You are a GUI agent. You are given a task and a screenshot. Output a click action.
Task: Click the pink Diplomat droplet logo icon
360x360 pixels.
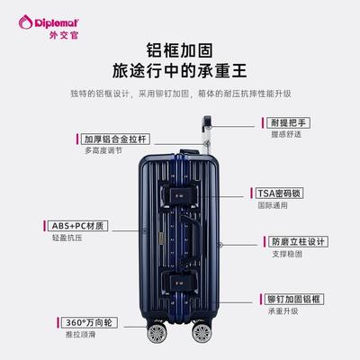(25, 22)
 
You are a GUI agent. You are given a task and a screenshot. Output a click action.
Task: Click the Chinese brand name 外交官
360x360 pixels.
(64, 35)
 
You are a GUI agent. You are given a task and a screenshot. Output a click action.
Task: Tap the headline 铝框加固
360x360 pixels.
(180, 50)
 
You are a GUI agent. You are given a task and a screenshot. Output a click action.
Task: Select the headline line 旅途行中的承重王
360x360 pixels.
(180, 71)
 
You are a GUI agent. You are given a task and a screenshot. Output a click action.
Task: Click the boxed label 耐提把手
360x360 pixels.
(288, 122)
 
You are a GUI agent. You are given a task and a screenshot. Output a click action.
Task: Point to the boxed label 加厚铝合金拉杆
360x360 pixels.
(115, 139)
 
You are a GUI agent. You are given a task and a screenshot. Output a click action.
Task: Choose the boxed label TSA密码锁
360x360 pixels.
(279, 193)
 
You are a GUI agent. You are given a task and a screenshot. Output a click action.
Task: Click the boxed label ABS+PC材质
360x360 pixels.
(77, 226)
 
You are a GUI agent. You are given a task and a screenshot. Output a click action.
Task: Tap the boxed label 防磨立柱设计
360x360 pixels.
(298, 241)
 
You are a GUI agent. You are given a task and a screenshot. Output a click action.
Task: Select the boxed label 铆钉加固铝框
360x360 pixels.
(294, 299)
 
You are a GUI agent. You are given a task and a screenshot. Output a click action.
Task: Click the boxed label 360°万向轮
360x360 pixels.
(89, 322)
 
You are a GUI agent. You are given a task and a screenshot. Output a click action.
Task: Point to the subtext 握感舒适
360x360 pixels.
(286, 134)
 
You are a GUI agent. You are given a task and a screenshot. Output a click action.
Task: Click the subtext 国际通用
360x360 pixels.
(273, 205)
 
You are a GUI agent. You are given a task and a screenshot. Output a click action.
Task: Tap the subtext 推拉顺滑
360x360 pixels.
(80, 334)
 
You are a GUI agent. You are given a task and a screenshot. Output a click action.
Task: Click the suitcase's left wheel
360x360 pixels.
(157, 333)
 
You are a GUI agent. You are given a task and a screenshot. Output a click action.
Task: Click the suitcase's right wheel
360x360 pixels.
(202, 332)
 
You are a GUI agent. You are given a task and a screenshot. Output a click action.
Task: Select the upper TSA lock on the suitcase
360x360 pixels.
(180, 195)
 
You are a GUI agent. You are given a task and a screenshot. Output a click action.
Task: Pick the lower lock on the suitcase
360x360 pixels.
(180, 283)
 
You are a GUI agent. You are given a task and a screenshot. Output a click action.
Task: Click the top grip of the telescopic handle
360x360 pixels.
(207, 121)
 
